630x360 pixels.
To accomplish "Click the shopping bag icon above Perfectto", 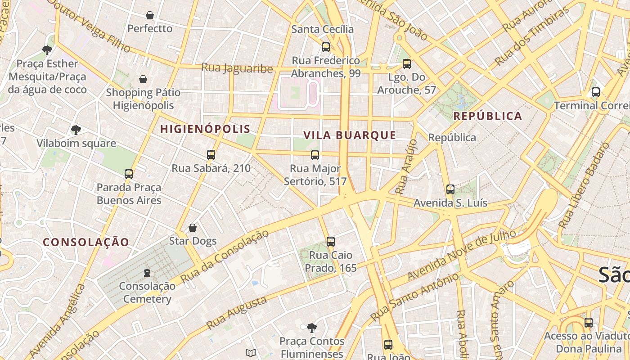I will [150, 15].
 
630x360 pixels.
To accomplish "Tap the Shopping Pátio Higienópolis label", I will [143, 99].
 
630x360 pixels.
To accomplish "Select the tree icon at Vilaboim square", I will [76, 130].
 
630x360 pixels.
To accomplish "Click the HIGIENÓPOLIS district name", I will [205, 129].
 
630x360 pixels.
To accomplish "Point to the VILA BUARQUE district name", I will [350, 135].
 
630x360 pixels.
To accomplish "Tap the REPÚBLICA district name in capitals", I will [487, 116].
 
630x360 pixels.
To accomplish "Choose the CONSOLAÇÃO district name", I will [86, 242].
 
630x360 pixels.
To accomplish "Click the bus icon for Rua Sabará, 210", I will [211, 155].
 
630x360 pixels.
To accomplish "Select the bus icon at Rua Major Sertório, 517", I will [315, 155].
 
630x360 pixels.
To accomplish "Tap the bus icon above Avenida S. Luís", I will [450, 189].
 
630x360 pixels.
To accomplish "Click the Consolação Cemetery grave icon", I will [147, 272].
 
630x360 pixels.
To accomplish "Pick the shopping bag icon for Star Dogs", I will [193, 228].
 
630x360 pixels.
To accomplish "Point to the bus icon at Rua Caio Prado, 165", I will [331, 242].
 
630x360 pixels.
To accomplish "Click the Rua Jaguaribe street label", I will [237, 68].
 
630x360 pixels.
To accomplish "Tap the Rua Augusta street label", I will [237, 313].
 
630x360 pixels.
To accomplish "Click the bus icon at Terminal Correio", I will [596, 92].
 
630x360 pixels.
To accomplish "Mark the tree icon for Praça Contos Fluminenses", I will [311, 328].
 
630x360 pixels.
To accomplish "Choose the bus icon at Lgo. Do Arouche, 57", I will [407, 64].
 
